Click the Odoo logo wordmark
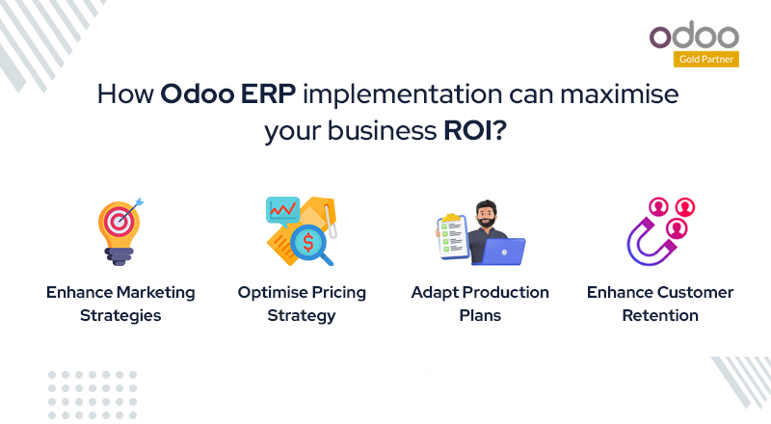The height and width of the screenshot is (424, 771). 693,37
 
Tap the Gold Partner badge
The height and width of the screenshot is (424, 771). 696,60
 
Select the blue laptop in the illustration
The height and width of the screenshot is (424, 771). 499,252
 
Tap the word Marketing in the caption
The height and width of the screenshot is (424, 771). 149,292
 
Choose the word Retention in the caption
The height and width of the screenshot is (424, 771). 659,315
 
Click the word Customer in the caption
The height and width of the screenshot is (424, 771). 692,292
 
